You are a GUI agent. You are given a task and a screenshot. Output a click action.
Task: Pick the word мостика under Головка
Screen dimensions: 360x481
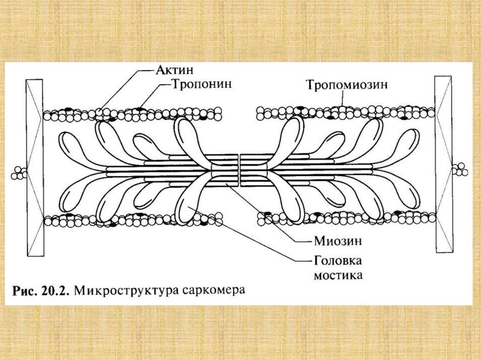click(338, 275)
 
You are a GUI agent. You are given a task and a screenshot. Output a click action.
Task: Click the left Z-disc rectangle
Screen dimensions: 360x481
click(35, 167)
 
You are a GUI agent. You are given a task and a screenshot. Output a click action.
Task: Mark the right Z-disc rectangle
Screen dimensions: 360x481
click(443, 164)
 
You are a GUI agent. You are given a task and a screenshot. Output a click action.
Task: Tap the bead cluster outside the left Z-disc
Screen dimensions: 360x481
click(19, 172)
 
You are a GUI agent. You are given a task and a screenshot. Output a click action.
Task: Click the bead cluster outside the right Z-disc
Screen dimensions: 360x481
click(460, 169)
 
